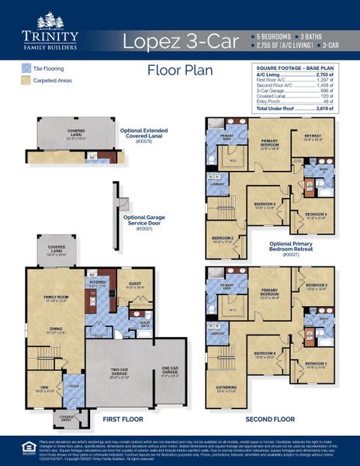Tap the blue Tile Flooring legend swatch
click(x=26, y=68)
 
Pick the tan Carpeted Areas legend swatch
click(x=26, y=79)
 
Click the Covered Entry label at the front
click(x=66, y=414)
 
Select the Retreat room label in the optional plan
click(x=313, y=137)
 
